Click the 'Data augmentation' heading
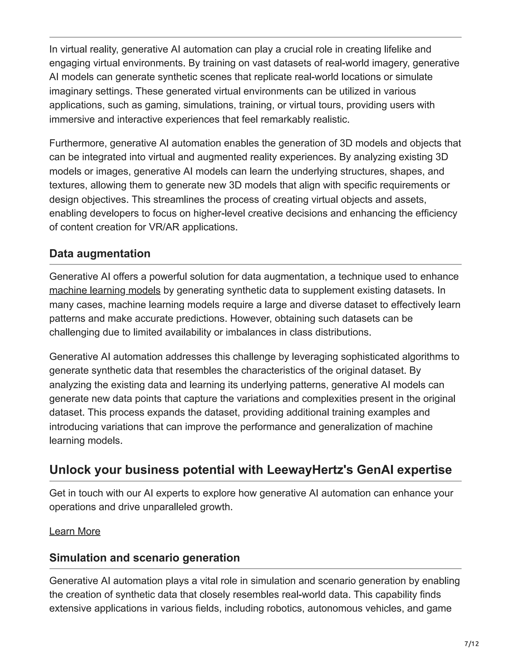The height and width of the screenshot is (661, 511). tap(100, 254)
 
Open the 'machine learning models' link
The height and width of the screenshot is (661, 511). tap(105, 290)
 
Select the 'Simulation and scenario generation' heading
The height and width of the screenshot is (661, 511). tap(144, 557)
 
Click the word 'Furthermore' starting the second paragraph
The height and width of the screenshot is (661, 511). tap(77, 143)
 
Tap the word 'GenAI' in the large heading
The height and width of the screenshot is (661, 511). tap(375, 470)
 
